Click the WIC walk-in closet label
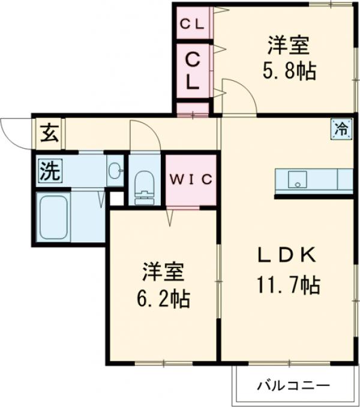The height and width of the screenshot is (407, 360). point(190,179)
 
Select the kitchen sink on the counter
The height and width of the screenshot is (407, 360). point(296,180)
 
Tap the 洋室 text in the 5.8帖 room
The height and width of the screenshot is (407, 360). point(289,45)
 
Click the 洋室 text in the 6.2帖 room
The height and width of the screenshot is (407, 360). point(163,270)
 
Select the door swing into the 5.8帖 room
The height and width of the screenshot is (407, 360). point(236,95)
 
